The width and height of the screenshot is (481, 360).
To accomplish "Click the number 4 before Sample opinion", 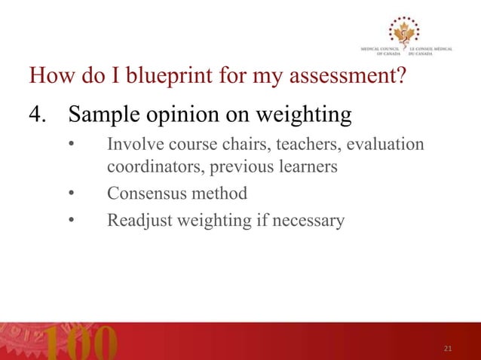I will click(x=35, y=116).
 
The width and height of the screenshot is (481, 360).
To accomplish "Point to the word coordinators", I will click(x=152, y=167).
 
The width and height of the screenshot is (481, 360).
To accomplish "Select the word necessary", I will click(x=311, y=221).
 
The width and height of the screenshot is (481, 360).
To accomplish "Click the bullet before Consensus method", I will click(x=70, y=194).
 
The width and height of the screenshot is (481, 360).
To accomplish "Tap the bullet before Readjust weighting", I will click(x=70, y=221).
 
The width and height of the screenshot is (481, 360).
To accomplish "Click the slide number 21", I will click(x=448, y=348).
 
